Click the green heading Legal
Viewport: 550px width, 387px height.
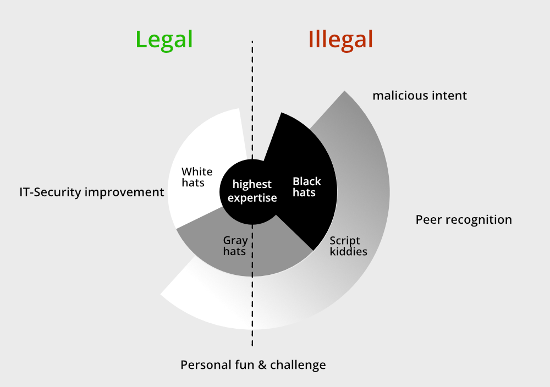(164, 40)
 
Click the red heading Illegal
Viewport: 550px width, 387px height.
(341, 40)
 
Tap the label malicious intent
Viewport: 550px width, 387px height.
(420, 96)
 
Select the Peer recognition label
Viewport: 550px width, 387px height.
(464, 220)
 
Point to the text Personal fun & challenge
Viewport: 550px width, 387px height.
(253, 365)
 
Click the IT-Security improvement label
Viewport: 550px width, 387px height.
(91, 192)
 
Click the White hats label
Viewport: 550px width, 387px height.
(196, 177)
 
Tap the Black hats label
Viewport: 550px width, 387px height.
(306, 187)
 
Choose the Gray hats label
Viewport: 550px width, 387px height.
(235, 246)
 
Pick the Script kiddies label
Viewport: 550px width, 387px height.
(348, 246)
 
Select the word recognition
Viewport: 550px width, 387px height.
(479, 220)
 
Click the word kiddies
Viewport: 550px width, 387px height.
(349, 252)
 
